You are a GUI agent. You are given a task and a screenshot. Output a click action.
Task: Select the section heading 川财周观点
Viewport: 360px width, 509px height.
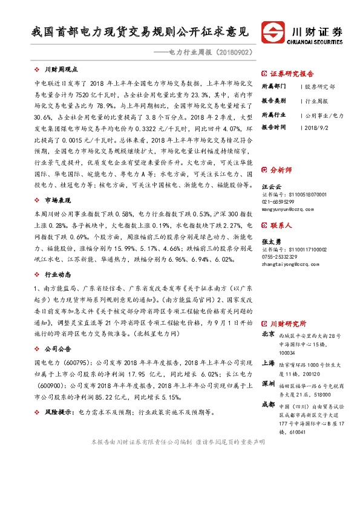click(x=65, y=70)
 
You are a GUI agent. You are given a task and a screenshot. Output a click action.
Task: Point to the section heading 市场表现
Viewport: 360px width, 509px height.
click(x=58, y=199)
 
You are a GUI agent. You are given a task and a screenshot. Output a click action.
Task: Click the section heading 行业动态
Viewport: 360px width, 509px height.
click(x=58, y=273)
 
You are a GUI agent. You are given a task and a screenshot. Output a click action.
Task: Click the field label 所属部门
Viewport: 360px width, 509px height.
click(x=273, y=86)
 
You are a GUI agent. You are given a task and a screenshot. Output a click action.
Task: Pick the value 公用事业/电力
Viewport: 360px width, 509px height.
click(x=324, y=114)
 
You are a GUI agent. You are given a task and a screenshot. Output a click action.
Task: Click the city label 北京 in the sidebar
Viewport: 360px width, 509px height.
click(x=268, y=334)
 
